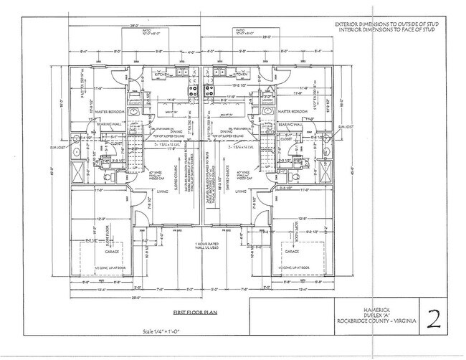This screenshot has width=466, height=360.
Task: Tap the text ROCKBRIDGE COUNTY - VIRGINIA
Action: [373, 320]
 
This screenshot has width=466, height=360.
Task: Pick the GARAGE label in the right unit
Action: [291, 252]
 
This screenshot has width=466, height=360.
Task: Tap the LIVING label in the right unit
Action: [240, 191]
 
